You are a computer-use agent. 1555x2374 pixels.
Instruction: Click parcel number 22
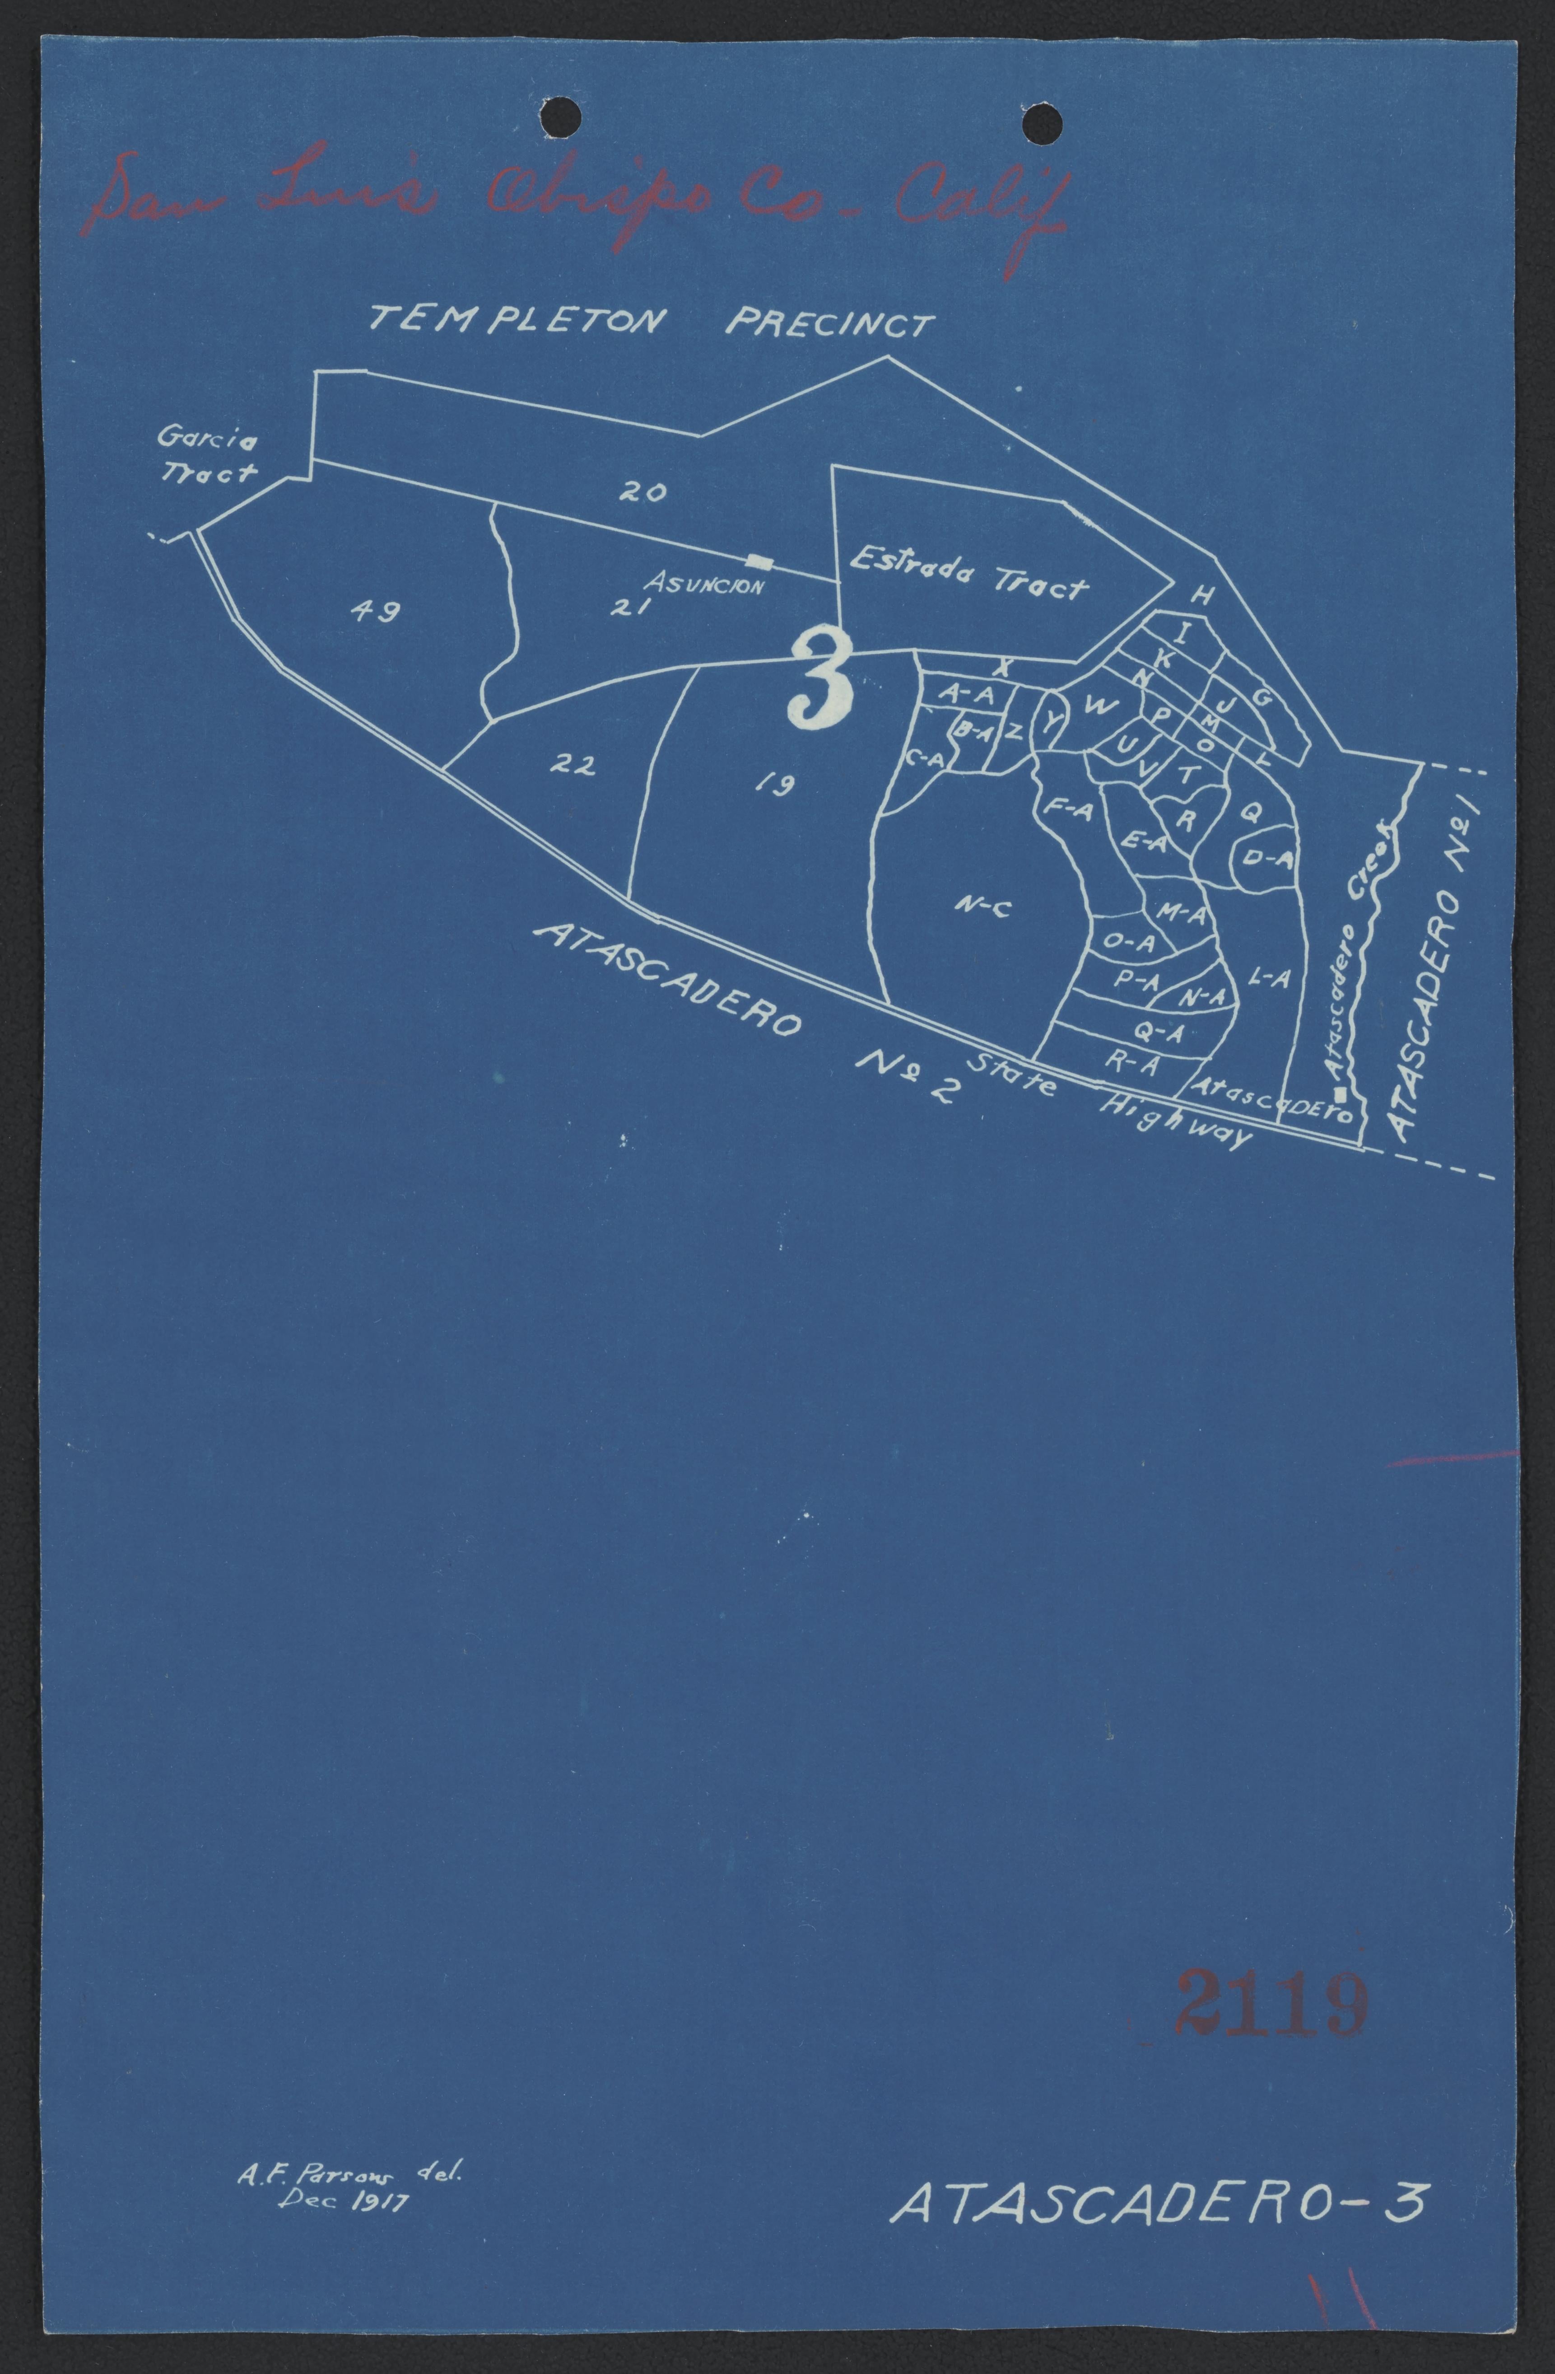pos(573,765)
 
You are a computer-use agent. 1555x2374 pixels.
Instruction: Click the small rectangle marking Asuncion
pos(762,561)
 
